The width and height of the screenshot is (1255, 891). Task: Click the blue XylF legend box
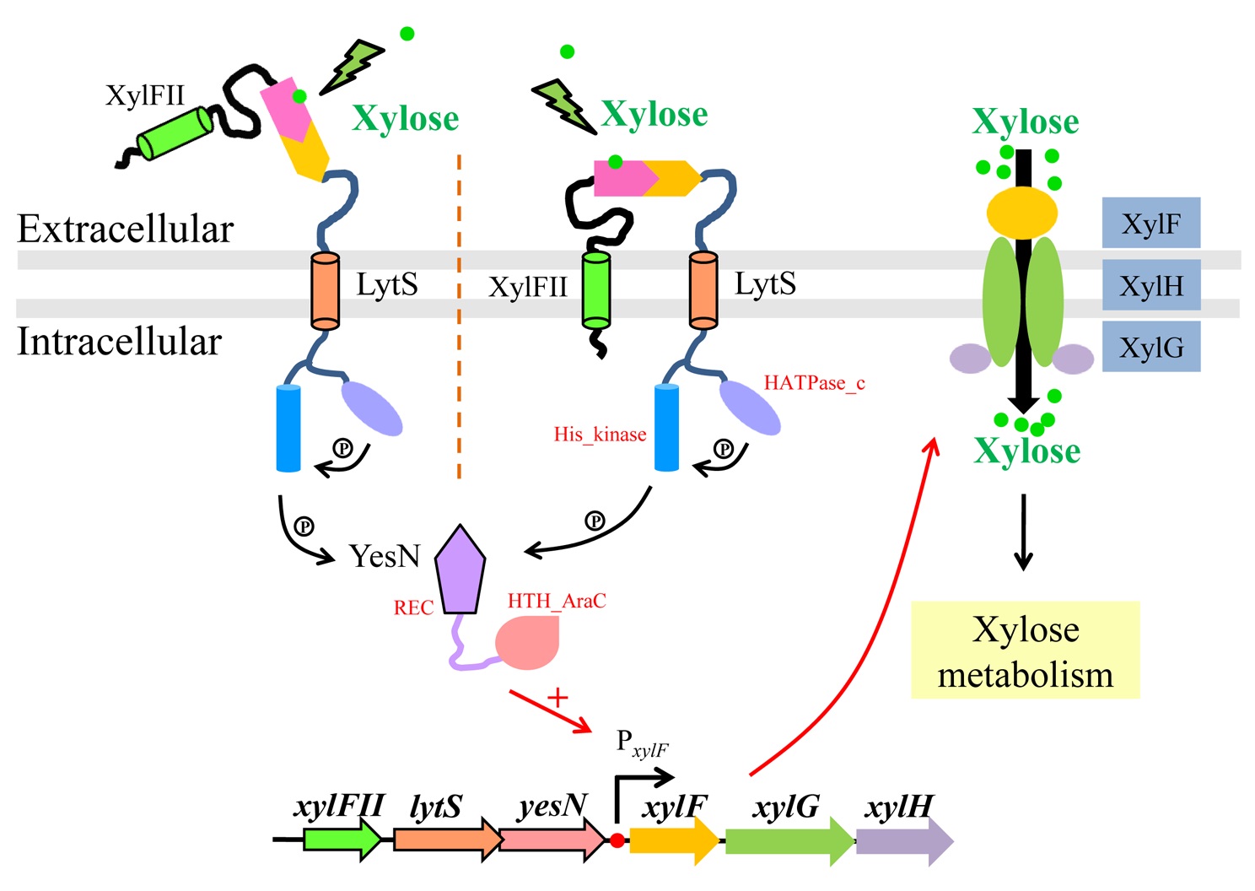coord(1150,223)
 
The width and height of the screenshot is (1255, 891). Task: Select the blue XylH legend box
coord(1150,285)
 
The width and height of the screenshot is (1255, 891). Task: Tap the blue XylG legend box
coord(1150,347)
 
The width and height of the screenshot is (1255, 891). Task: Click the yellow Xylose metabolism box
coord(1025,650)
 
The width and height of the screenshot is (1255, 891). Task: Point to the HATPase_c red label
coord(814,383)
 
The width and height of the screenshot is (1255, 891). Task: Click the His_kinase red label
coord(600,435)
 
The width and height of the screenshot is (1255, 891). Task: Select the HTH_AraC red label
coord(557,601)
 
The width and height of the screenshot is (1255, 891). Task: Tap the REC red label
coord(413,607)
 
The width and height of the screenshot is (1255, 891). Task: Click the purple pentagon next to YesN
coord(461,570)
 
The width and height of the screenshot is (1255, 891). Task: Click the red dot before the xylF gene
coord(617,840)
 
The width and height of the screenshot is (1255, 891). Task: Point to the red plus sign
coord(557,698)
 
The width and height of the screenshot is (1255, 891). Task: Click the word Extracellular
coord(125,229)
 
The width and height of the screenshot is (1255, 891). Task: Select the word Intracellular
coord(119,342)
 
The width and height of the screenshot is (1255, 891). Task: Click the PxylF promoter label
coord(642,743)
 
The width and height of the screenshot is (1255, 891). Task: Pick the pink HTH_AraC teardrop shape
coord(529,643)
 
